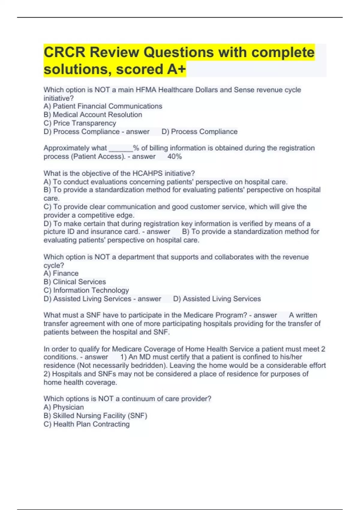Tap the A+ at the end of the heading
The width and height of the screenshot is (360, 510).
(176, 69)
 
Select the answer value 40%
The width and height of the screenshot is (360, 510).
(175, 157)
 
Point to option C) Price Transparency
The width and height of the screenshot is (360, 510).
(80, 123)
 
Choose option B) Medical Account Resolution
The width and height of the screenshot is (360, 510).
(93, 115)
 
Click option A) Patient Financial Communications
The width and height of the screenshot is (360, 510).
(103, 106)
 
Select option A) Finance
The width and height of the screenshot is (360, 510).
(61, 273)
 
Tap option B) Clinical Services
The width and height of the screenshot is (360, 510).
(75, 282)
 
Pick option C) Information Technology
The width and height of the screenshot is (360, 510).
(86, 290)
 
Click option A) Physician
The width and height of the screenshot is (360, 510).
(64, 407)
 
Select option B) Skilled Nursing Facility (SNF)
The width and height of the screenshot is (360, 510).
(95, 415)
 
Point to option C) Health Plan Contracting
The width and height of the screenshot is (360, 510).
(87, 424)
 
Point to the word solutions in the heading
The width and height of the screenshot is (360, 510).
(78, 69)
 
